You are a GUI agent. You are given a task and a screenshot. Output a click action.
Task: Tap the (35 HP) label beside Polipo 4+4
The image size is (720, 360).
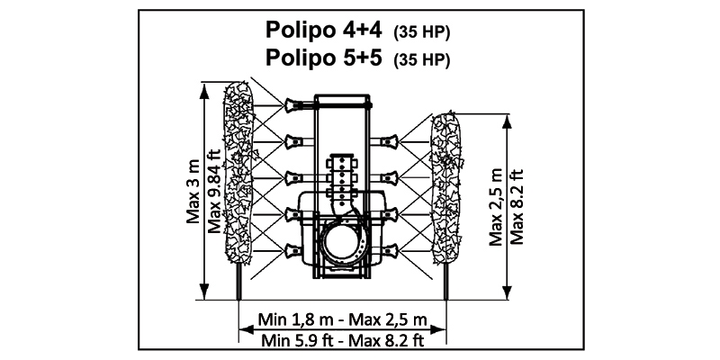point(421,32)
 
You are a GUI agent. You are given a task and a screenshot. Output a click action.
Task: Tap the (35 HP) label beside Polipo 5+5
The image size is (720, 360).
point(421,60)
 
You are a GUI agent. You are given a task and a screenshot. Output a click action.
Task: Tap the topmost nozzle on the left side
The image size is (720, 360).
point(292,104)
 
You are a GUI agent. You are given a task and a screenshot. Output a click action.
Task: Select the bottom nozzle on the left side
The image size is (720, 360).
point(292,249)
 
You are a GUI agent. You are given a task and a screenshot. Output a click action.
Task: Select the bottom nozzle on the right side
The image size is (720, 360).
point(390,249)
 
